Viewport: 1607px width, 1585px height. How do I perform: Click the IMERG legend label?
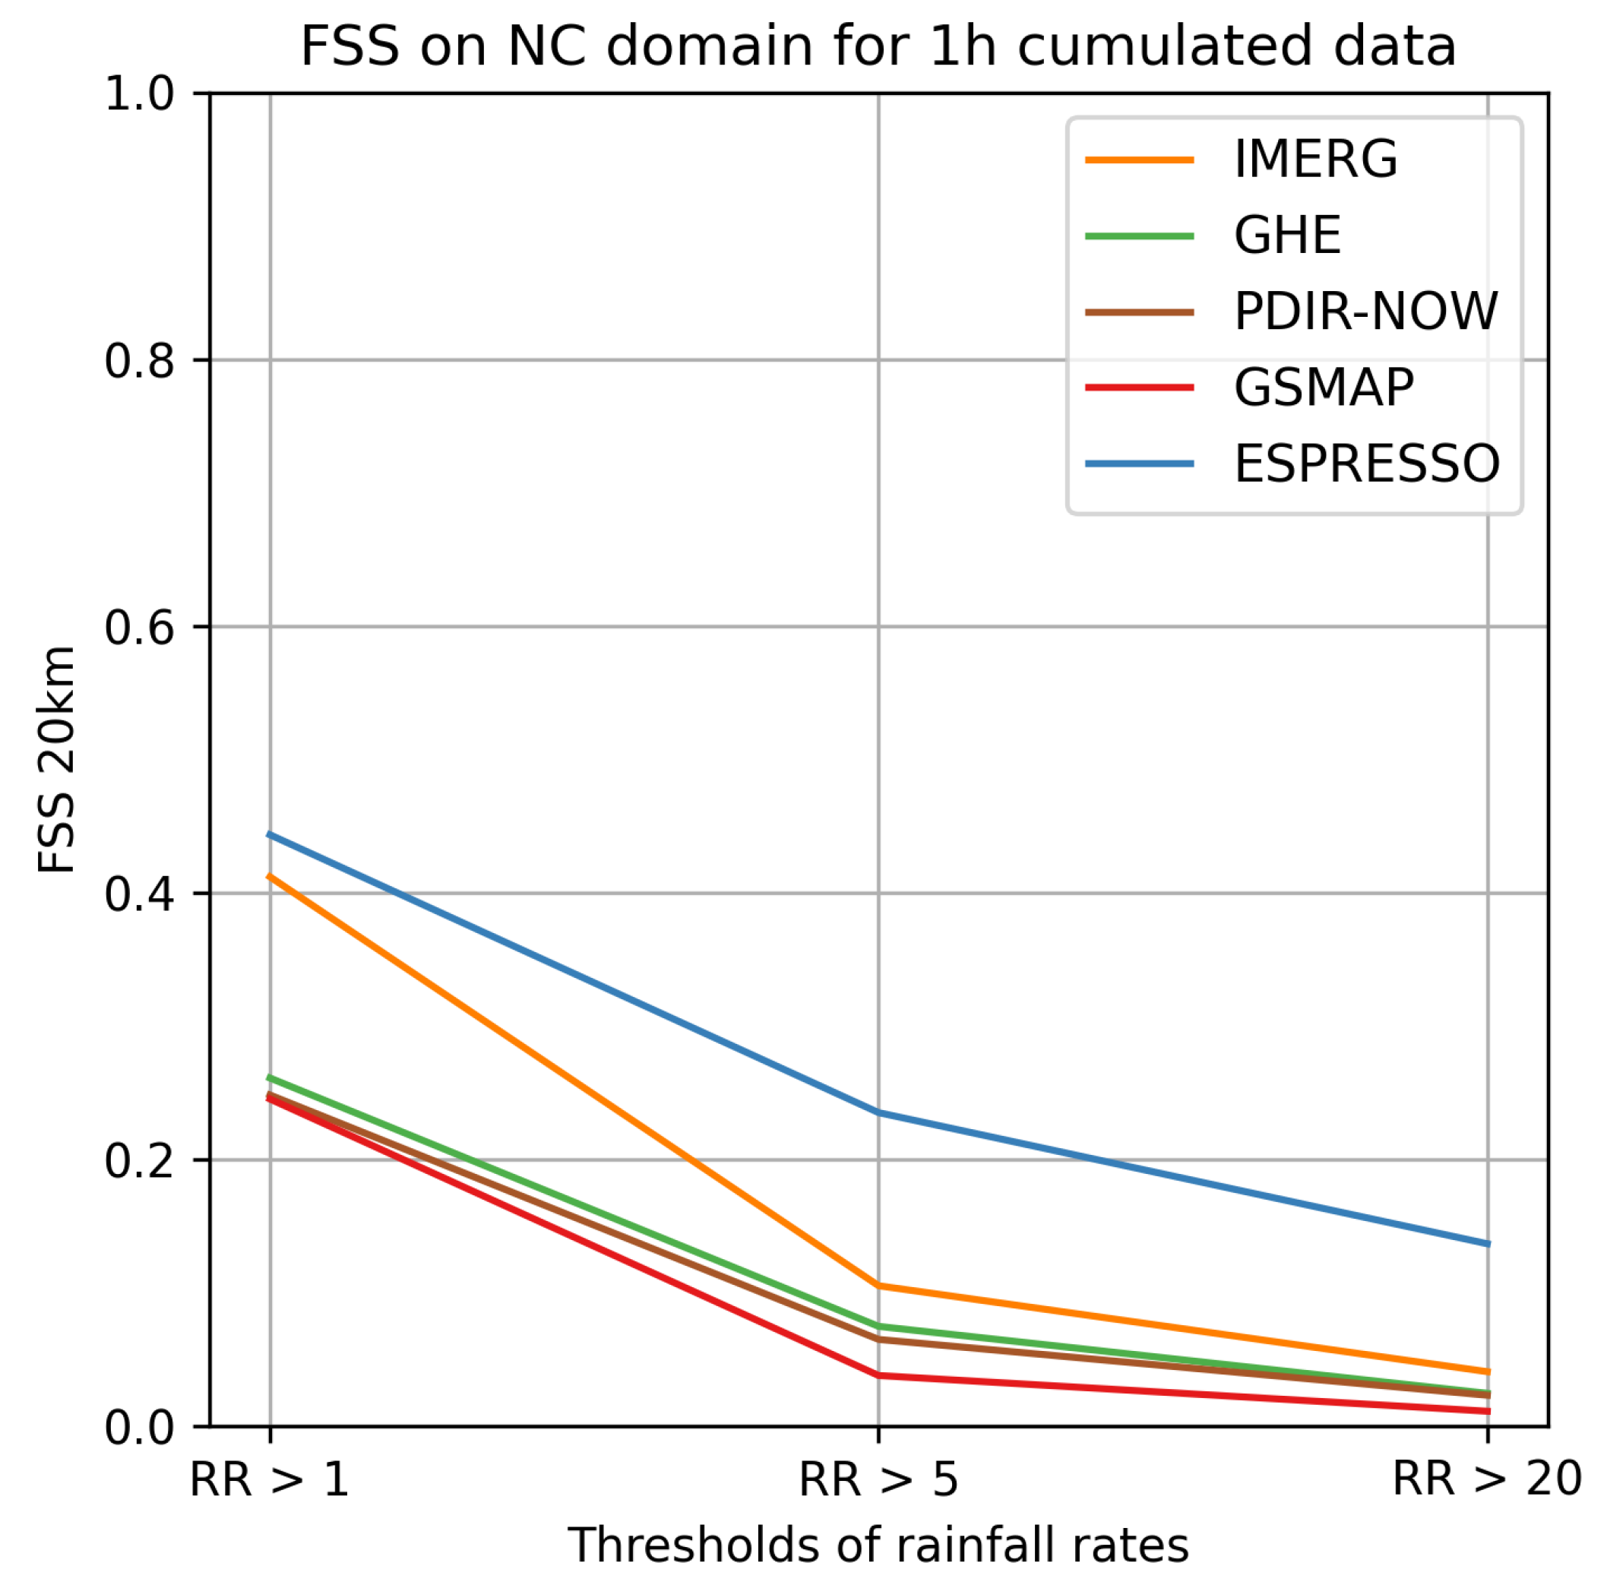(1315, 159)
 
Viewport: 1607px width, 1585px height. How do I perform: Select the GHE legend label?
(1287, 236)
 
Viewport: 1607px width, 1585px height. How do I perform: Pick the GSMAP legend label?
(1324, 388)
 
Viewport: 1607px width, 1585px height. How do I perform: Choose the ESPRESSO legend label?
(1367, 464)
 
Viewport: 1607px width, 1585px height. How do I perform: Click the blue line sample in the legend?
(1139, 464)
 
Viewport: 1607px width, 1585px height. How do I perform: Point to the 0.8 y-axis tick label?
(139, 361)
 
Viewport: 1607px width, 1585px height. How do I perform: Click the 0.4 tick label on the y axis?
(139, 895)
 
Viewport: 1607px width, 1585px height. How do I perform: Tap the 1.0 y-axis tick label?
(139, 94)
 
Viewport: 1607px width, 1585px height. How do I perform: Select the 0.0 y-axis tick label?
(139, 1428)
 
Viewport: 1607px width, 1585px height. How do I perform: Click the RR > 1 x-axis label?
(270, 1480)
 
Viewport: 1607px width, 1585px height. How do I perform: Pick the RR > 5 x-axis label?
(878, 1480)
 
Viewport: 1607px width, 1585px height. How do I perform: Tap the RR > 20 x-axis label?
(1487, 1480)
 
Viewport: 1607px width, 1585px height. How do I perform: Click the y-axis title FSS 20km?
(56, 760)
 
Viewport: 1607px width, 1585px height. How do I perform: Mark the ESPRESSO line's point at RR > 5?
(878, 1112)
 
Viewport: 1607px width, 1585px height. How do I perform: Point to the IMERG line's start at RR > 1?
(270, 875)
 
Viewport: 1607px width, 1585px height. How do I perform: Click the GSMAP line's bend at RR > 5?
(878, 1375)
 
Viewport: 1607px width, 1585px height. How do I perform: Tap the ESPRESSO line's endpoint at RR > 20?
(1487, 1244)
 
